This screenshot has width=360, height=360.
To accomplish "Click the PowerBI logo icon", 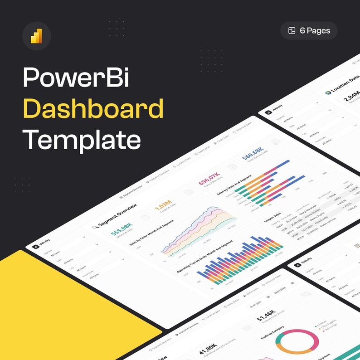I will pos(36,36).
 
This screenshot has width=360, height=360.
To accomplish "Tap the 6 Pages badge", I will pos(309,31).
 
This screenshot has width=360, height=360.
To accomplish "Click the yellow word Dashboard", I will pos(93,108).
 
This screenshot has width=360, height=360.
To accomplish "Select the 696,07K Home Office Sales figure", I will pos(209,180).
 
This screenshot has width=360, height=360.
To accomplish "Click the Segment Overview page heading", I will pos(117,215).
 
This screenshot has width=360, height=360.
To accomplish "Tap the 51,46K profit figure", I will pos(266,316).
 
